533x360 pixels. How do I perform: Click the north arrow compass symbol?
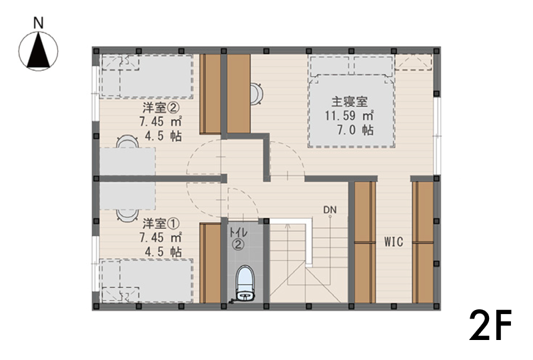click(x=39, y=51)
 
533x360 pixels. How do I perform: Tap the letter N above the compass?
click(x=39, y=23)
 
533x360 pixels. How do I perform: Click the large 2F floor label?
click(x=490, y=326)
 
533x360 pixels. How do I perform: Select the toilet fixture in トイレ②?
click(x=245, y=283)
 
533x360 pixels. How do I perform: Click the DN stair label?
click(x=330, y=210)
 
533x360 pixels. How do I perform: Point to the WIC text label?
click(x=394, y=242)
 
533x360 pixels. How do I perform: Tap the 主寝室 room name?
click(x=349, y=101)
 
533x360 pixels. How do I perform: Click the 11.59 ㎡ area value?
click(x=349, y=116)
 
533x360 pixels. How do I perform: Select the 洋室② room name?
click(x=161, y=108)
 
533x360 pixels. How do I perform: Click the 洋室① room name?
click(x=161, y=224)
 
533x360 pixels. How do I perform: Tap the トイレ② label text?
click(x=239, y=239)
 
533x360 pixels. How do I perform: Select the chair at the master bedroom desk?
click(x=257, y=93)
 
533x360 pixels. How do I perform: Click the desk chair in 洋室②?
click(x=127, y=141)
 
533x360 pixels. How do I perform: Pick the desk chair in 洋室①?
click(x=127, y=215)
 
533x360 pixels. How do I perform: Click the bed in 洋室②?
click(x=147, y=77)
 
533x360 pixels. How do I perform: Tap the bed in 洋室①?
click(x=147, y=281)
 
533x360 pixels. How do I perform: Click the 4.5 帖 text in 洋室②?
click(x=163, y=136)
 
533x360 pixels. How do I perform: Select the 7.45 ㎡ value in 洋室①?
click(x=160, y=237)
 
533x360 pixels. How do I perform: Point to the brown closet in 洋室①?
click(x=211, y=263)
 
